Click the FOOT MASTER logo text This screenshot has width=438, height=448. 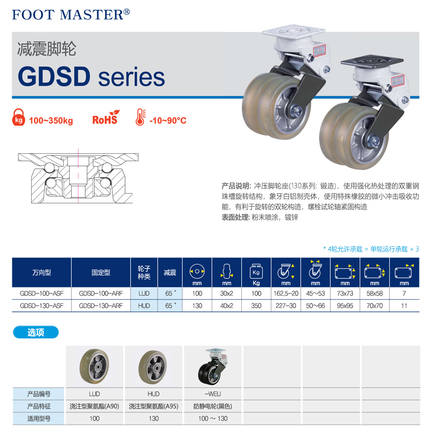(x=71, y=14)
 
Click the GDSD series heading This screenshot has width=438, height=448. (x=91, y=77)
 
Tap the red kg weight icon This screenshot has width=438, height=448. (x=18, y=118)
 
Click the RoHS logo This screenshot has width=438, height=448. (x=105, y=119)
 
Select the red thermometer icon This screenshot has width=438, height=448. (x=140, y=118)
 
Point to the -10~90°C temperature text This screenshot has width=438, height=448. (x=168, y=120)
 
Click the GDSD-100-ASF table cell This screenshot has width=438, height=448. (x=41, y=293)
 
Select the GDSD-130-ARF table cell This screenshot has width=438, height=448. (x=101, y=306)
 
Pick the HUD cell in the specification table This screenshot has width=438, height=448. (x=144, y=306)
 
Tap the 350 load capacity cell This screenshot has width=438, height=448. (x=256, y=306)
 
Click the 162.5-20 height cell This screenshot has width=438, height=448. (x=286, y=293)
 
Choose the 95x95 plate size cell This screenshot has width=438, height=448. (x=345, y=306)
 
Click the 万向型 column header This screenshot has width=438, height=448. (x=41, y=273)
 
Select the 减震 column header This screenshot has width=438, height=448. (x=170, y=273)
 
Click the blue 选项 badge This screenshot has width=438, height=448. (x=36, y=333)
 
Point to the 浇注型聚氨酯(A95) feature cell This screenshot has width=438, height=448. (x=154, y=406)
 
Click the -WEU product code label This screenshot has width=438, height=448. (x=213, y=394)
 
